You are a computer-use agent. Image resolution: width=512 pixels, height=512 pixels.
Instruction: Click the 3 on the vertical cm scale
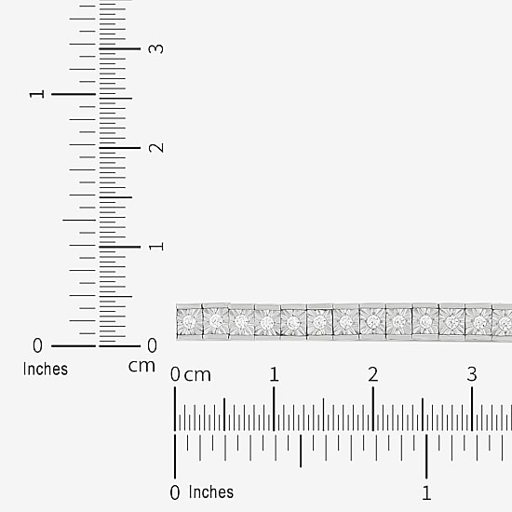coord(156,48)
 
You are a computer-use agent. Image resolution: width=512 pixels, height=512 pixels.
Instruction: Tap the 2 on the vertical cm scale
coord(156,148)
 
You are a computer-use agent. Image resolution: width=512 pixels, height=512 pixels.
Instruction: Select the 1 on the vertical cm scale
coord(156,247)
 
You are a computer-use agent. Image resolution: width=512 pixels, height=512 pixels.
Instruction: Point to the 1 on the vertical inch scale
coord(37,94)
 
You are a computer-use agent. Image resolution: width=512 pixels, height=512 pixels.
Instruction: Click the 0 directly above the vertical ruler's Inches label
coord(37,345)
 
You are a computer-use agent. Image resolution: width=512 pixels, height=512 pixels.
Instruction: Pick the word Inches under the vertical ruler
coord(46,369)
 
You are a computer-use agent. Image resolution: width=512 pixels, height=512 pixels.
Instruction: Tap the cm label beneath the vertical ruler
coord(141,367)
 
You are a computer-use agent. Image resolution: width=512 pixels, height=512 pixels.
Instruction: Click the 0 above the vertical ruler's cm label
coord(152,345)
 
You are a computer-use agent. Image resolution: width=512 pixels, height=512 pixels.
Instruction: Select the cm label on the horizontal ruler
coord(197,375)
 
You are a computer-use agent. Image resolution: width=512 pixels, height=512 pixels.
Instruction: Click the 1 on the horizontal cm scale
coord(274,374)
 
